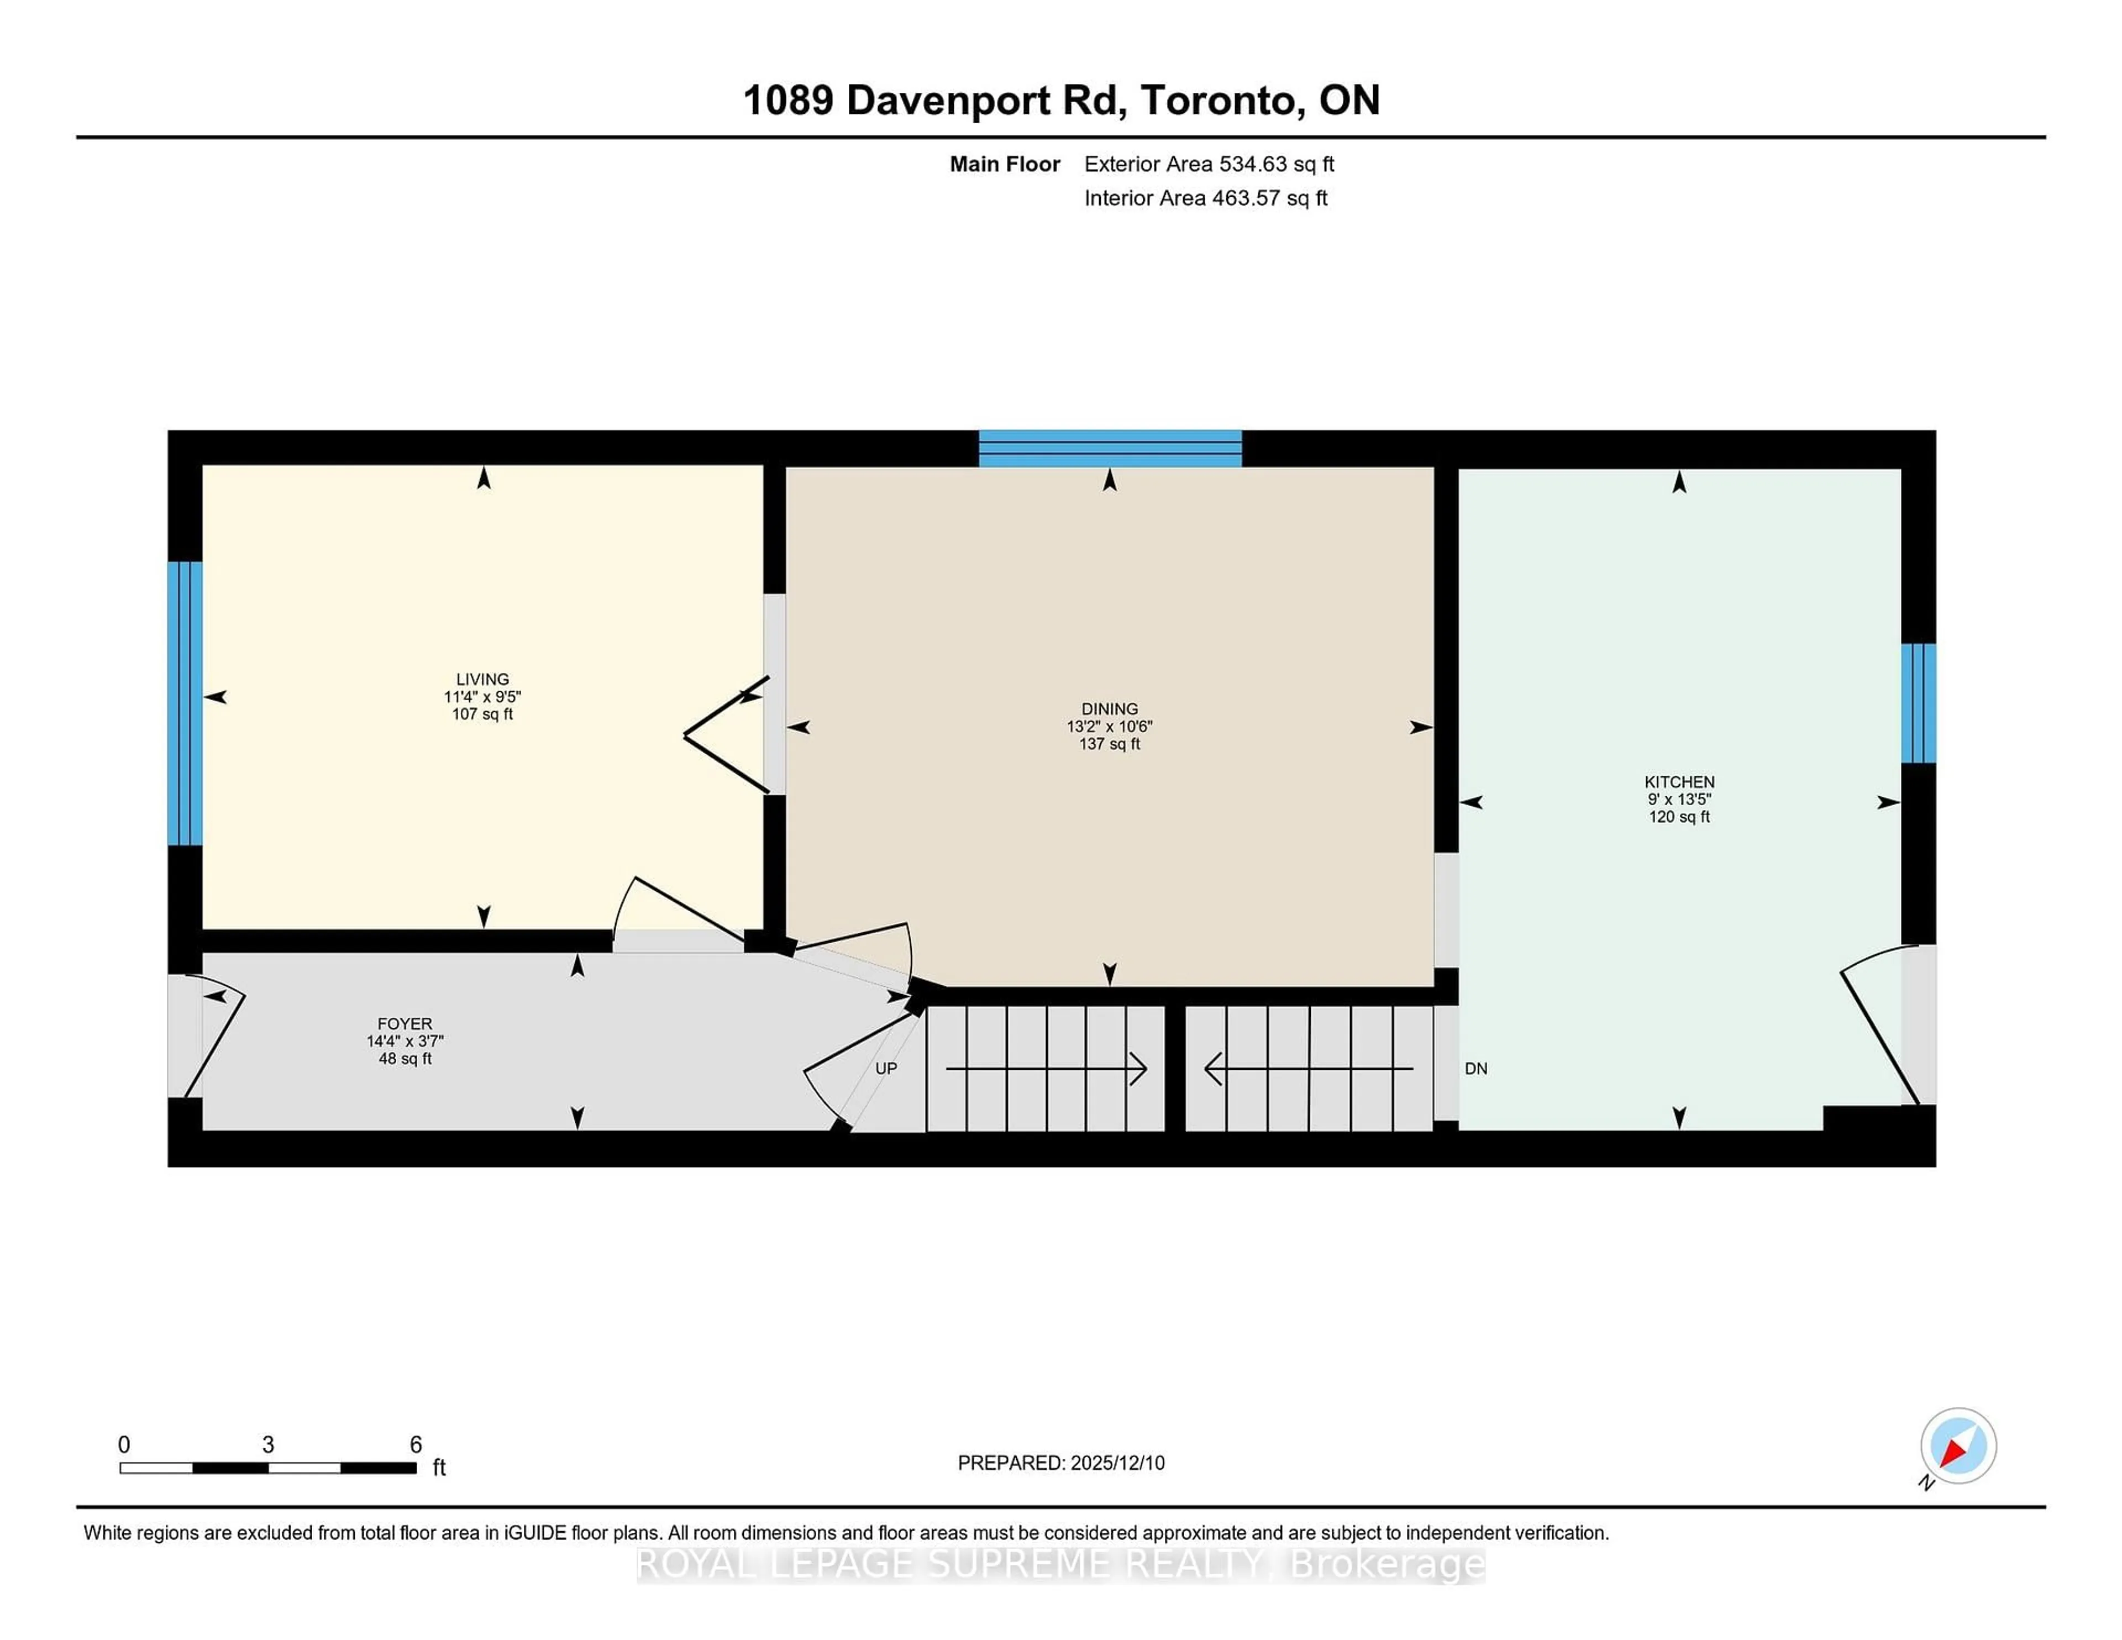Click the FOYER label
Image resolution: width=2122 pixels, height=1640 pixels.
[404, 1023]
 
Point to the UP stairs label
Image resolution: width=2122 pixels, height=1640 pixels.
[885, 1068]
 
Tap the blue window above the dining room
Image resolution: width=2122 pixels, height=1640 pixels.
[1110, 449]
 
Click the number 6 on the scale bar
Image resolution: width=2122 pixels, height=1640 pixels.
[416, 1444]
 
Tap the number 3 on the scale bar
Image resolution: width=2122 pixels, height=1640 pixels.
[268, 1444]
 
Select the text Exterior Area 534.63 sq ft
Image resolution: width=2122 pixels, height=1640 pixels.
[1209, 164]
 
